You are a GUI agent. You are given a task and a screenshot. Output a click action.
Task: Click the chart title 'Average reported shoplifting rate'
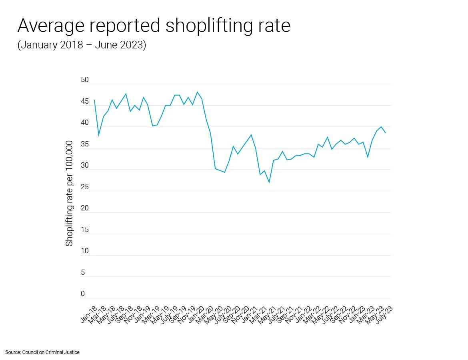(154, 26)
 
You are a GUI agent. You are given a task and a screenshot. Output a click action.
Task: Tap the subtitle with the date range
(82, 45)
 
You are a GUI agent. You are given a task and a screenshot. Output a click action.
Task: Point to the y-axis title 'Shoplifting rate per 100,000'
(70, 193)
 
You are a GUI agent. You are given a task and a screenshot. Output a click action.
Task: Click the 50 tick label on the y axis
(84, 80)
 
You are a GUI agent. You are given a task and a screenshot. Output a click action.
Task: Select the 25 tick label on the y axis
(84, 187)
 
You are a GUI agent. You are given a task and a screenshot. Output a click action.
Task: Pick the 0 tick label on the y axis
(83, 294)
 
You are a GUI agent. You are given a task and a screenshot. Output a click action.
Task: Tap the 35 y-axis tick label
(84, 144)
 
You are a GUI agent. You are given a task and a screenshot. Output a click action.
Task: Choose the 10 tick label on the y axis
(84, 251)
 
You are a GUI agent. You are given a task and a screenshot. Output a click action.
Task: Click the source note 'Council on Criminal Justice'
(42, 352)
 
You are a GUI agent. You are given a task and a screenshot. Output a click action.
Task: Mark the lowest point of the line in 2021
(269, 182)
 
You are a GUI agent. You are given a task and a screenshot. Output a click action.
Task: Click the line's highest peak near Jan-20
(197, 92)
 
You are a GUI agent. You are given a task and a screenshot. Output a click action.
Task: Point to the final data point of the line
(385, 133)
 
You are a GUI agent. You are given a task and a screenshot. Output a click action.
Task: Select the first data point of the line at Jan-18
(94, 100)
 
